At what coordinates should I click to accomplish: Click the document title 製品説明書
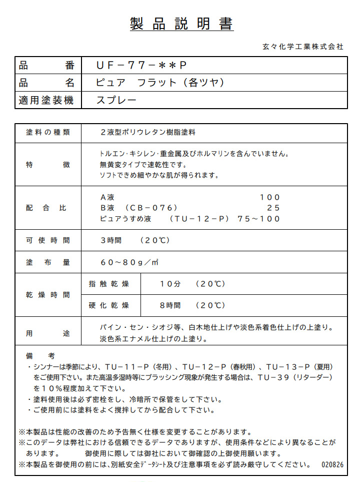(x=181, y=24)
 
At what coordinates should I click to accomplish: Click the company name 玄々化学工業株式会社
(x=302, y=47)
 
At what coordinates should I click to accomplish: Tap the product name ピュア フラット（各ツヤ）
(x=159, y=83)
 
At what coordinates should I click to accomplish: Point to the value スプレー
(x=116, y=100)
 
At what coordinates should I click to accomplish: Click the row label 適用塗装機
(x=46, y=100)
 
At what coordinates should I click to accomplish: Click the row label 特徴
(x=48, y=165)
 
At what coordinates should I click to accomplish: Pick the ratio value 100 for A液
(x=270, y=197)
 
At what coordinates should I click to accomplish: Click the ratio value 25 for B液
(x=273, y=208)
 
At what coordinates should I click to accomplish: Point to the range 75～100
(x=259, y=219)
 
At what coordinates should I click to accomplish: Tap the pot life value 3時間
(x=111, y=240)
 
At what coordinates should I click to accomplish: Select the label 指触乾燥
(x=108, y=284)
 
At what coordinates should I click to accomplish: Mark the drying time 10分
(x=170, y=284)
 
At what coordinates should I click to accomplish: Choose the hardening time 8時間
(x=170, y=305)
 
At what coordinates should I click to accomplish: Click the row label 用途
(x=48, y=333)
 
